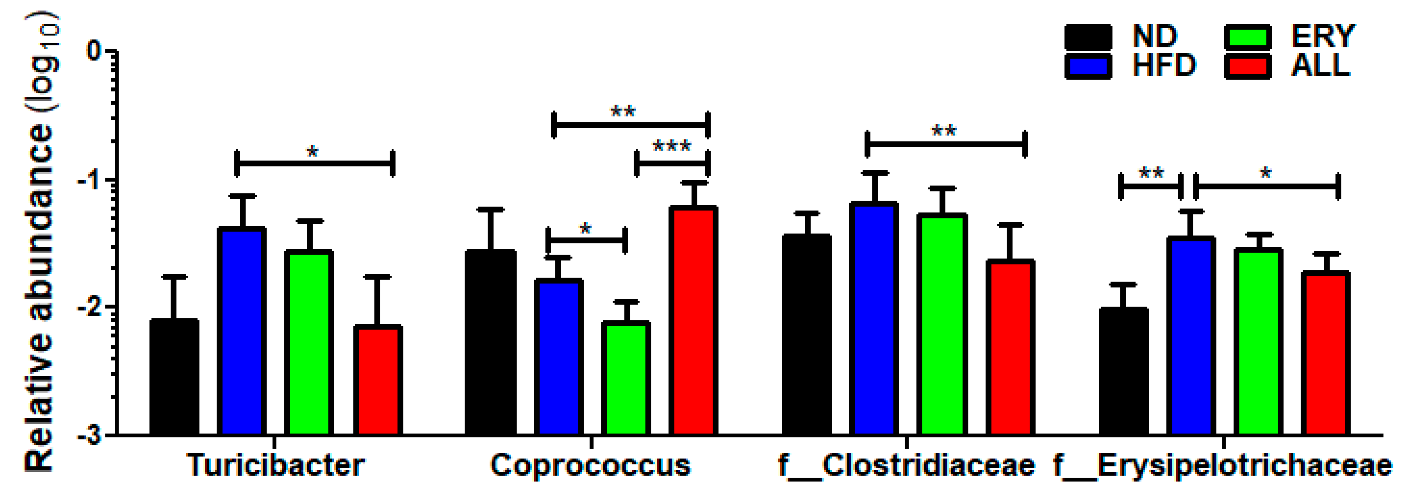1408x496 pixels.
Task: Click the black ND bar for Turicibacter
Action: [174, 377]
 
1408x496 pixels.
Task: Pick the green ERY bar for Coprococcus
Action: [626, 378]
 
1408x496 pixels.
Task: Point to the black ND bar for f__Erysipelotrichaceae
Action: [1123, 372]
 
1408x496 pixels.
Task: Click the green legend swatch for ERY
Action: [1247, 37]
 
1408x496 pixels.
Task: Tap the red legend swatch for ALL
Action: [1247, 66]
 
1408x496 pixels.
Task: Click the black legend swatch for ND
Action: [1088, 37]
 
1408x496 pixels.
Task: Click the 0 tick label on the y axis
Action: [94, 51]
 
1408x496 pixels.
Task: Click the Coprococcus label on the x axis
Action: [590, 465]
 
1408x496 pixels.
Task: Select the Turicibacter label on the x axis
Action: [276, 465]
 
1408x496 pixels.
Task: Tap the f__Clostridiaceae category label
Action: [906, 465]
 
